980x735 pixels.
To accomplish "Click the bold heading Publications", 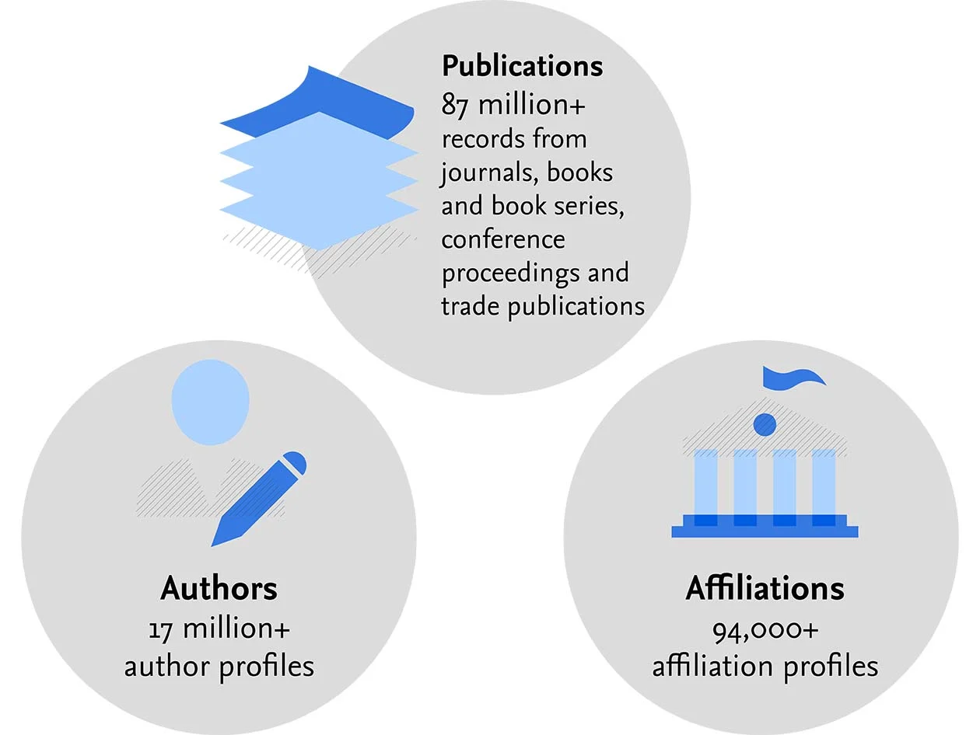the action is (522, 66).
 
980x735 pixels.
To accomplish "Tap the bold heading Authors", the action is (219, 588).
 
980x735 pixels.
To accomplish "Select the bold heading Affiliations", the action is (765, 588).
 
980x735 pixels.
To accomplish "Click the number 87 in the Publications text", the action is (455, 105).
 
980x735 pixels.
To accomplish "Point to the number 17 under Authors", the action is (160, 628).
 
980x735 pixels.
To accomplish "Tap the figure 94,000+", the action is (765, 629).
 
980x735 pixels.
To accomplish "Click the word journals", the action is (487, 172).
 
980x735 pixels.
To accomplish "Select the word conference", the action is (502, 239).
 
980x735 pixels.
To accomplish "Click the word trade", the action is (471, 306).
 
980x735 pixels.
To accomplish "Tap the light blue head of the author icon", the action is (210, 402).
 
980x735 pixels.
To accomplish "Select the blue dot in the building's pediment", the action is (765, 424).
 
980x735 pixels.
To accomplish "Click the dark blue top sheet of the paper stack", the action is (319, 104).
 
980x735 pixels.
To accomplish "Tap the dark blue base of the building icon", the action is (765, 531).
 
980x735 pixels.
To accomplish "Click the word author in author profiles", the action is (166, 666).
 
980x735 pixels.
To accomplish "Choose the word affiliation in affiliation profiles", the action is (710, 666).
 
